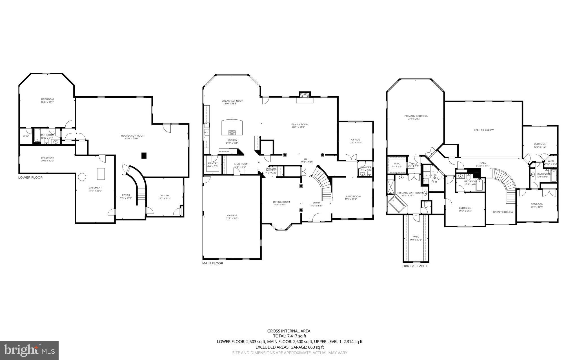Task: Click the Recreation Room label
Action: (135, 136)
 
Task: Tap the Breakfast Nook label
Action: (232, 101)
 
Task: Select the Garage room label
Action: (232, 215)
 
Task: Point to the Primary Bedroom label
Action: (416, 116)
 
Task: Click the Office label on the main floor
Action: (355, 140)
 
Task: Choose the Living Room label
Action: (352, 196)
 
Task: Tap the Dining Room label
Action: (281, 202)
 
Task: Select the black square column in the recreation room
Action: (144, 155)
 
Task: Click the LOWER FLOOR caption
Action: (30, 177)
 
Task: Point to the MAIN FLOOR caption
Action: (212, 263)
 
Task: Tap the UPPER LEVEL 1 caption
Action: (414, 266)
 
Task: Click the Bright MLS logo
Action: (29, 350)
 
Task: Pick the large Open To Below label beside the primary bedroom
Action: (483, 130)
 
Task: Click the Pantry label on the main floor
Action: (213, 163)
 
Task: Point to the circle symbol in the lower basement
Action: (82, 177)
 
